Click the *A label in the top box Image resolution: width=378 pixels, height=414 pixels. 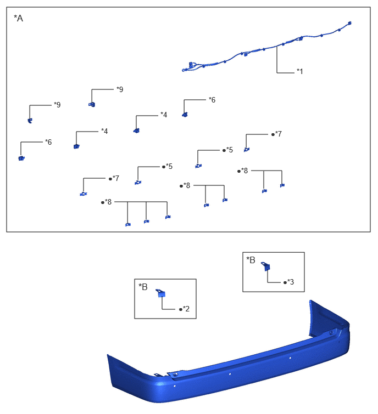tap(18, 19)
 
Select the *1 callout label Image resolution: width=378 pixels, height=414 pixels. tap(299, 71)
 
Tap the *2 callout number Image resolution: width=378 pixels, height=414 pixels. tap(186, 309)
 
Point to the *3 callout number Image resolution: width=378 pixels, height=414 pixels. tap(291, 282)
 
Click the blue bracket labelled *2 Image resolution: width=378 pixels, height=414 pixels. tap(161, 293)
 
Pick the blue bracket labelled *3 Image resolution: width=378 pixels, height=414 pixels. tap(266, 266)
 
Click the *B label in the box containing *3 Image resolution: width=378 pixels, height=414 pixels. tap(251, 260)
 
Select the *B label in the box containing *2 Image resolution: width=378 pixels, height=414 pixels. tap(143, 287)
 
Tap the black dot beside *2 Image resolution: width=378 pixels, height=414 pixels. tap(181, 309)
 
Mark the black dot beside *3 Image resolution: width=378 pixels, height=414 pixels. tap(285, 282)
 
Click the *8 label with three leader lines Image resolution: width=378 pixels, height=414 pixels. tap(108, 202)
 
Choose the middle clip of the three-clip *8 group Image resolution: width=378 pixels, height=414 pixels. tap(146, 222)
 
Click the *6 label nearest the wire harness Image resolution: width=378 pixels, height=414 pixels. tap(212, 100)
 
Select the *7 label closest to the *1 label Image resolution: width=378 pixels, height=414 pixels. tap(278, 134)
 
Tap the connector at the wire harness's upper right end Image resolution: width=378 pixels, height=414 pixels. tap(349, 23)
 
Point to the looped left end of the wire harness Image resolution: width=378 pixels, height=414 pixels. tap(185, 70)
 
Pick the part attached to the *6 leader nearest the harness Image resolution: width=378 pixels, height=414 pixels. tap(185, 115)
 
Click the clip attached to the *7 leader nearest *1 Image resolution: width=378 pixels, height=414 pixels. tap(247, 150)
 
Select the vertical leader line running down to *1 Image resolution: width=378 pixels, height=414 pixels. tap(277, 59)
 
